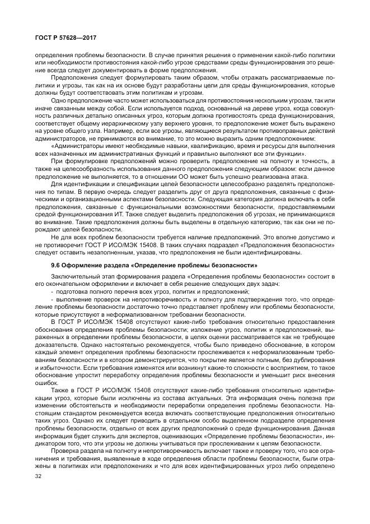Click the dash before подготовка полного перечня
[52, 292]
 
